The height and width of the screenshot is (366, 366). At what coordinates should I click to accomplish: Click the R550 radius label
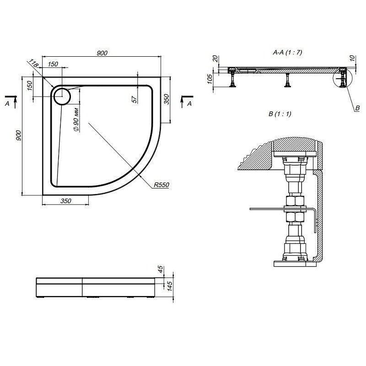click(x=161, y=185)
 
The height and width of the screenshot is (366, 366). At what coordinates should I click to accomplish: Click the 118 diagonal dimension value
click(x=32, y=63)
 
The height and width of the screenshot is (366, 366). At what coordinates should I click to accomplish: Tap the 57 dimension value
click(x=135, y=99)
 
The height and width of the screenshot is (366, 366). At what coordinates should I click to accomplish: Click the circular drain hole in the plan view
click(x=62, y=96)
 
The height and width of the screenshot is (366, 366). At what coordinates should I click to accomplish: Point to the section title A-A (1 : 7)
click(x=287, y=53)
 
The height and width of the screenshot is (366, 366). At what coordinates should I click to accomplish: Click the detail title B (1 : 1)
click(x=280, y=114)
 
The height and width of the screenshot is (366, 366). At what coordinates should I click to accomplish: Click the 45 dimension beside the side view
click(x=160, y=269)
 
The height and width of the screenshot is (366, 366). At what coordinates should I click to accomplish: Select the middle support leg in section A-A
click(x=287, y=80)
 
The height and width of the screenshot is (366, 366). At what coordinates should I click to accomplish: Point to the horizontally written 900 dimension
click(x=102, y=53)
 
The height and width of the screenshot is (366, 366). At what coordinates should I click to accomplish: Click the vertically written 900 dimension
click(x=18, y=136)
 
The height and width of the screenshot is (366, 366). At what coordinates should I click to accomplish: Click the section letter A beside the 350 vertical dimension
click(x=188, y=104)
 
